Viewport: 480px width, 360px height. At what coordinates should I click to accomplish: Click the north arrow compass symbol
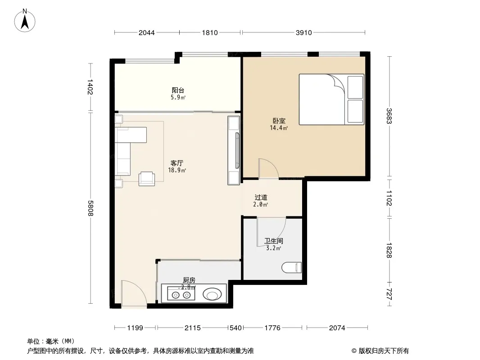coord(25,21)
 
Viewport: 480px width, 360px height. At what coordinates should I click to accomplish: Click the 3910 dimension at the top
coord(303,32)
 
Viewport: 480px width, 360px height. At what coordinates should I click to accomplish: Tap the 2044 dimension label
coord(147,32)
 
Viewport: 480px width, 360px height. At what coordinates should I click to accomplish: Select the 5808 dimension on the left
coord(91,208)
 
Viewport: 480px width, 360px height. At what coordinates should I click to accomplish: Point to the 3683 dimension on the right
coord(389,116)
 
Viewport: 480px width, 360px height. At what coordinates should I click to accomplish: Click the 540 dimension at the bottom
coord(235,328)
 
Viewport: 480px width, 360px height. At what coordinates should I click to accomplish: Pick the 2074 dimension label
coord(337,328)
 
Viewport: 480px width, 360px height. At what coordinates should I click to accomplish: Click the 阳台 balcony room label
coord(178,90)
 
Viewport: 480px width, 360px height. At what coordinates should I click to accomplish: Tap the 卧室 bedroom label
coord(279,121)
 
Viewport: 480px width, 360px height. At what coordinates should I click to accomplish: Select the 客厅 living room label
coord(177,163)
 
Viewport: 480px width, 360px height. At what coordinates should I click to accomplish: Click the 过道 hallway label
coord(261,197)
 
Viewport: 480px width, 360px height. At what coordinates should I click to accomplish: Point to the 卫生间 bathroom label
coord(274,241)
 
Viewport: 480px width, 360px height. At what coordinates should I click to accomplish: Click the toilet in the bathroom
coord(291,268)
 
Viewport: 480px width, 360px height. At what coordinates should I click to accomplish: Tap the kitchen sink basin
coord(212,295)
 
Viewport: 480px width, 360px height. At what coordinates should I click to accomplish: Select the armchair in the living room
coord(147,179)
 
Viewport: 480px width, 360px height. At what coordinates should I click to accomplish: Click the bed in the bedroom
coord(331,99)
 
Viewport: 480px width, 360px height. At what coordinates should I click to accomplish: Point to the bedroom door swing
coord(268,169)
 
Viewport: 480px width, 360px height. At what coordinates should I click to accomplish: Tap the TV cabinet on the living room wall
coord(234,150)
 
